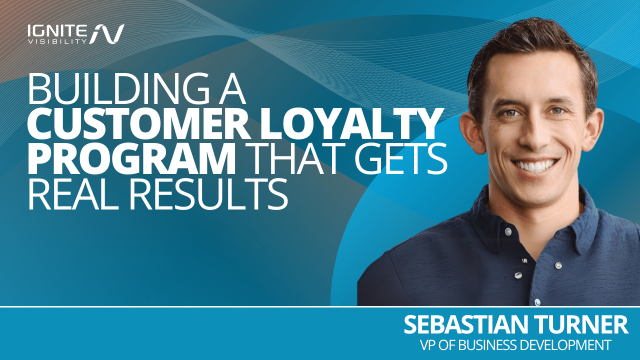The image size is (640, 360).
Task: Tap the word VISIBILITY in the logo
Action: pos(57,41)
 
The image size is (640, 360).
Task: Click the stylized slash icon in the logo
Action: pos(107,33)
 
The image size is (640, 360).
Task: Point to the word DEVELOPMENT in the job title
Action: pos(564,345)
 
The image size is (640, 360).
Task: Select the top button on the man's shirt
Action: pos(507,231)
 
